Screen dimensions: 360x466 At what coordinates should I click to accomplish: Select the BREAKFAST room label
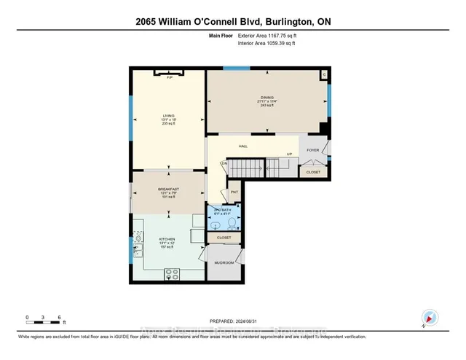pos(168,189)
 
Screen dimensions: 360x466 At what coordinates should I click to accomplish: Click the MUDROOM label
pos(224,262)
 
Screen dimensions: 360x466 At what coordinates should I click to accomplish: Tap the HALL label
pos(244,146)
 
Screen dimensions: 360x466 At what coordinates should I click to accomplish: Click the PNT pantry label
pos(234,192)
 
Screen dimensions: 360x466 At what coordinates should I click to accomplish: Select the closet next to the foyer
pos(312,172)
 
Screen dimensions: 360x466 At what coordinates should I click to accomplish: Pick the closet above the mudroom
pos(224,238)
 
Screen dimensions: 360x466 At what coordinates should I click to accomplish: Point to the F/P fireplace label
pos(169,77)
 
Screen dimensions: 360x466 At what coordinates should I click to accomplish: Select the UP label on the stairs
pos(289,154)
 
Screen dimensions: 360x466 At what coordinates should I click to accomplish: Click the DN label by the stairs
pos(224,164)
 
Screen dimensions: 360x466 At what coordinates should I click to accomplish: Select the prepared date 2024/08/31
pos(254,321)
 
